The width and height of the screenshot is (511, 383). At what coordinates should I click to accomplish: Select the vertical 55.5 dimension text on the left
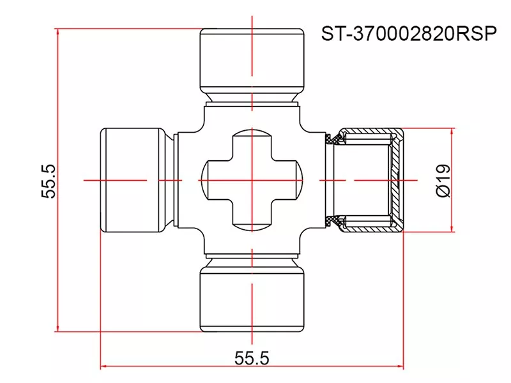click(49, 181)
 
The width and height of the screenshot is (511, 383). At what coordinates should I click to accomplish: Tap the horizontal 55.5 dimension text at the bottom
click(252, 358)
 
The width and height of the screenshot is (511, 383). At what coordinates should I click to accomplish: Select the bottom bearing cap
click(252, 300)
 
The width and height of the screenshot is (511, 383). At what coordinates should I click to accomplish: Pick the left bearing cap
click(132, 181)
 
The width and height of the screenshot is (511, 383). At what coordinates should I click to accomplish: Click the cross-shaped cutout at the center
click(252, 181)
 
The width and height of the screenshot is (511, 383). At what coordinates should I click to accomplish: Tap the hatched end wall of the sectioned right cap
click(398, 181)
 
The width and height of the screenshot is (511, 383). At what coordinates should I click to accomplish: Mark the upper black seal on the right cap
click(333, 140)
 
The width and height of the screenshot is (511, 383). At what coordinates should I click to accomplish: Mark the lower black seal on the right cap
click(333, 222)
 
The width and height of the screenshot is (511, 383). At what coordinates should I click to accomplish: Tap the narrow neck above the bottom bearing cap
click(252, 262)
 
